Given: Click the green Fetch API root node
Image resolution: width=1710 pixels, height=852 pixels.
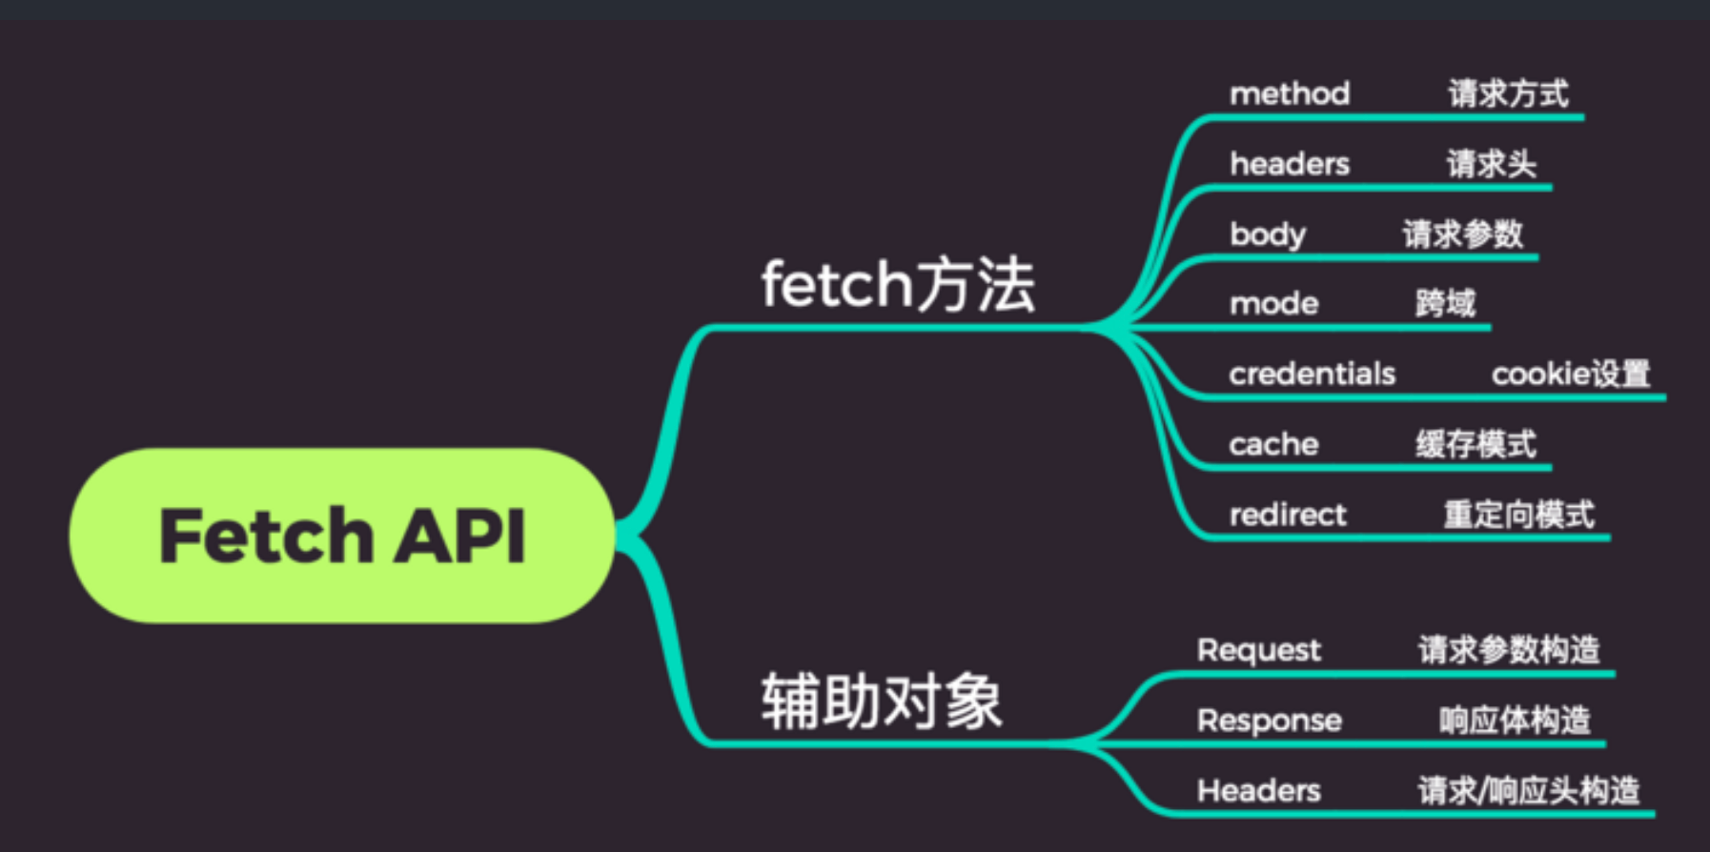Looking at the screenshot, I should [x=341, y=536].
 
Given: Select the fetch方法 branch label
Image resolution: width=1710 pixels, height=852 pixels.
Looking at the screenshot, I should [x=897, y=284].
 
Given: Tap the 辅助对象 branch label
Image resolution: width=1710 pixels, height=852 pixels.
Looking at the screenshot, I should [x=881, y=700].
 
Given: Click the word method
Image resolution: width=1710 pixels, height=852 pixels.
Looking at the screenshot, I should [x=1290, y=93].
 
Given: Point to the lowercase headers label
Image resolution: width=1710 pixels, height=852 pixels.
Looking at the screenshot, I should [x=1290, y=164].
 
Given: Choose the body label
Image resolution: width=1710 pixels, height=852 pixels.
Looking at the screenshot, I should [x=1268, y=234].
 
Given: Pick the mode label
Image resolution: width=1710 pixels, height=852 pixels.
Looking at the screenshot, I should [x=1274, y=304].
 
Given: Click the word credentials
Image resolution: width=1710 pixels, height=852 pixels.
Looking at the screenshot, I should [x=1312, y=374].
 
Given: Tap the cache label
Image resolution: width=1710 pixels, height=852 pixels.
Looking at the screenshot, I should [x=1273, y=444].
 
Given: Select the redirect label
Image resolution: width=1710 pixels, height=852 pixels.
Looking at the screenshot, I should [x=1288, y=515].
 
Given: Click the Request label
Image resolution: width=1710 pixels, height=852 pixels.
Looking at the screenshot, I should [x=1258, y=650].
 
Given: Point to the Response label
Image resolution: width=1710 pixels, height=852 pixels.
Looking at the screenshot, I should [x=1269, y=720].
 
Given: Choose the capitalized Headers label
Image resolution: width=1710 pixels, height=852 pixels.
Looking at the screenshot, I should [x=1258, y=790].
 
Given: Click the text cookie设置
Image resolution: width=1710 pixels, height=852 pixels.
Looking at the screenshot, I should [x=1570, y=374].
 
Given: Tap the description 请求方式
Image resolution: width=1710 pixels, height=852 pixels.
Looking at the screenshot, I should [x=1508, y=93].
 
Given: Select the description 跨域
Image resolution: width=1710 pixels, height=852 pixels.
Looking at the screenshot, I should [x=1445, y=304].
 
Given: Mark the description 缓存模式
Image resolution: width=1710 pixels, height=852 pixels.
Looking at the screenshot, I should [x=1476, y=444].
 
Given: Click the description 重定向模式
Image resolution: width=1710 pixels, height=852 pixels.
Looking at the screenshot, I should [x=1518, y=515].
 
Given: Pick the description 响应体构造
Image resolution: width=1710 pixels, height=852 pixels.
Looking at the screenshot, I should [x=1515, y=720].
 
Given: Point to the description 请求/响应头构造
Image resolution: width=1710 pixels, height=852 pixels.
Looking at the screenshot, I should [x=1528, y=790].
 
